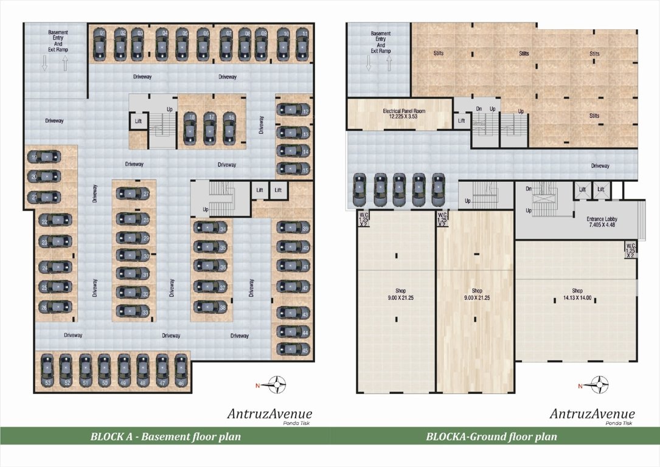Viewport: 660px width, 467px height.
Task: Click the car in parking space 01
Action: (x=101, y=43)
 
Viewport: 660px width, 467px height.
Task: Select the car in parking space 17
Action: (x=210, y=128)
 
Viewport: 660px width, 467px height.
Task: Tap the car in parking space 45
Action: (x=291, y=349)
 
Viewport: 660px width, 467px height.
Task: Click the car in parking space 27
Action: (x=131, y=194)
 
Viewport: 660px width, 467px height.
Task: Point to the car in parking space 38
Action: (x=210, y=307)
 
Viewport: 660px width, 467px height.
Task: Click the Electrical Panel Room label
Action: (x=399, y=113)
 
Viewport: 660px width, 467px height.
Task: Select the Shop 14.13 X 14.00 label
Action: (x=577, y=294)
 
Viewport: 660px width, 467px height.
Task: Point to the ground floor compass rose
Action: (x=600, y=384)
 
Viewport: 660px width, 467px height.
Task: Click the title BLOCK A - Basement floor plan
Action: (x=165, y=436)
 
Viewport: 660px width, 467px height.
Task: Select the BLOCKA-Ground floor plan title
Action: (x=492, y=436)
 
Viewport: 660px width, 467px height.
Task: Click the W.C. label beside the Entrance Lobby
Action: (x=631, y=250)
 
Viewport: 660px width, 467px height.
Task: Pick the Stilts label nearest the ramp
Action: (x=439, y=54)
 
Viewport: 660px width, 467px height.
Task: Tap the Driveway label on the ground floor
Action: (x=600, y=165)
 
